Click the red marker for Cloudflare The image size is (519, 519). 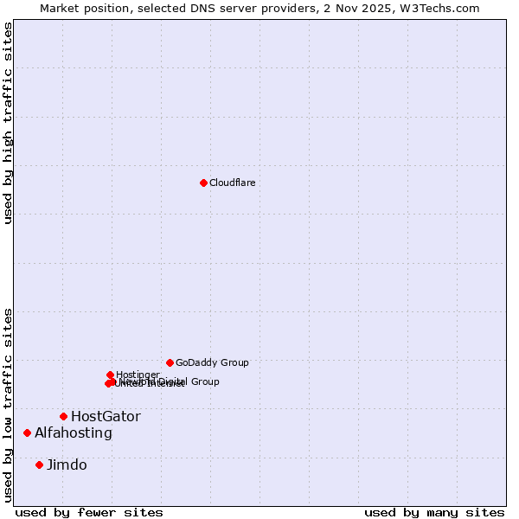pos(203,183)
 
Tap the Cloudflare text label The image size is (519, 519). pos(233,183)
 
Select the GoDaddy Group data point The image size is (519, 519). pos(170,362)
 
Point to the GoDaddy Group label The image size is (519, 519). pos(212,363)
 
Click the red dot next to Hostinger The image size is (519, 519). pos(110,375)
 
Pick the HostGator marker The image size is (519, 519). pos(63,416)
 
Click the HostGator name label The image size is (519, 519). pos(106,417)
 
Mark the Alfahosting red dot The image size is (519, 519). pos(28,432)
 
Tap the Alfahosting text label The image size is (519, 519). pos(74,433)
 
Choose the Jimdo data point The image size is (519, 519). pos(39,465)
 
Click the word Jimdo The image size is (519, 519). pos(67,465)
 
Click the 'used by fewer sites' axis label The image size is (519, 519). pos(89,513)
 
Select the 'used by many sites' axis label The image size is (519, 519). pos(434,513)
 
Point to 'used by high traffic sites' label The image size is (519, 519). pos(8,123)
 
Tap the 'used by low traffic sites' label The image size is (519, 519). pos(8,404)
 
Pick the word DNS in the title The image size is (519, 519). pos(198,8)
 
